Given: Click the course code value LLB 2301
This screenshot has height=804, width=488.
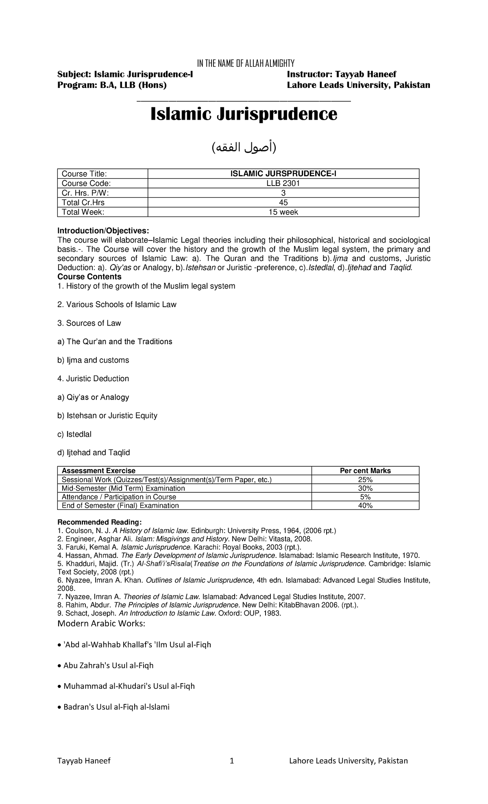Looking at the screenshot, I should coord(283,183).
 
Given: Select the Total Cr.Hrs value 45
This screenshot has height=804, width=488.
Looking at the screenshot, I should coord(283,202).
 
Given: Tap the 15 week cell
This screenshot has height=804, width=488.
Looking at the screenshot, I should coord(283,212).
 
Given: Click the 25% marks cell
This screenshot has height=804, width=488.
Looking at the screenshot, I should coord(365,480).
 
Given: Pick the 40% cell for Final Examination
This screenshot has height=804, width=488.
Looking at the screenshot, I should coord(365,505).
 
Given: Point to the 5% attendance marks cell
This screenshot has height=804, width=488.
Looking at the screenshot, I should coord(365,497).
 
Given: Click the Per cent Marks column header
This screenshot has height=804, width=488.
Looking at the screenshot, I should coord(365,471).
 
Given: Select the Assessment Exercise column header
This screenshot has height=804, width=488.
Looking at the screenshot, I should coord(98,471).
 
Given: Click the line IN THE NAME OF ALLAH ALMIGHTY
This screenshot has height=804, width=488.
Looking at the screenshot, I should coord(245,63).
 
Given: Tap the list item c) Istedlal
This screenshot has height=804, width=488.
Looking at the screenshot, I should coord(74,434).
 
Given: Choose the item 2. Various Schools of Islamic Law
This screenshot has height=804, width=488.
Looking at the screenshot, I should coord(117,304).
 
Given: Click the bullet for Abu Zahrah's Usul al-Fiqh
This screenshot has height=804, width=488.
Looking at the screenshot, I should coord(59,666).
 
